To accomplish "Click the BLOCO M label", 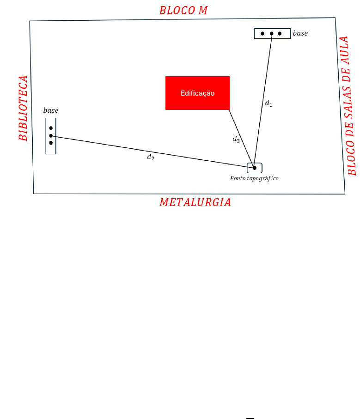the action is click(183, 11).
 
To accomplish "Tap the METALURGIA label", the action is click(195, 202).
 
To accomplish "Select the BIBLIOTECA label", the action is click(23, 108).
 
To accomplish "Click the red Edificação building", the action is click(197, 93).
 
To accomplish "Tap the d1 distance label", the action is click(268, 103).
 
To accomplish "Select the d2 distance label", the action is click(151, 157).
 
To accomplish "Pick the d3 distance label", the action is click(236, 139).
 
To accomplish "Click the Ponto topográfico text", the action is click(254, 178).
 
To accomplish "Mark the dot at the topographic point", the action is click(255, 168).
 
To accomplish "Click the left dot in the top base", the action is click(262, 34).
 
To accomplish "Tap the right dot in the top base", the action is click(280, 34).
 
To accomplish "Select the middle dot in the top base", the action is click(272, 34).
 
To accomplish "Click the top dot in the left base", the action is click(51, 128).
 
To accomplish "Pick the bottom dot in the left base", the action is click(51, 143).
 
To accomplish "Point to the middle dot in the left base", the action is click(51, 136).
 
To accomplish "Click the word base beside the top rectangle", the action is click(300, 33).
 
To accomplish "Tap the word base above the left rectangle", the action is click(51, 110).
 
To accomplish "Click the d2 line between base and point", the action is click(153, 152).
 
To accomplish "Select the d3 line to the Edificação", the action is click(242, 139).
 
